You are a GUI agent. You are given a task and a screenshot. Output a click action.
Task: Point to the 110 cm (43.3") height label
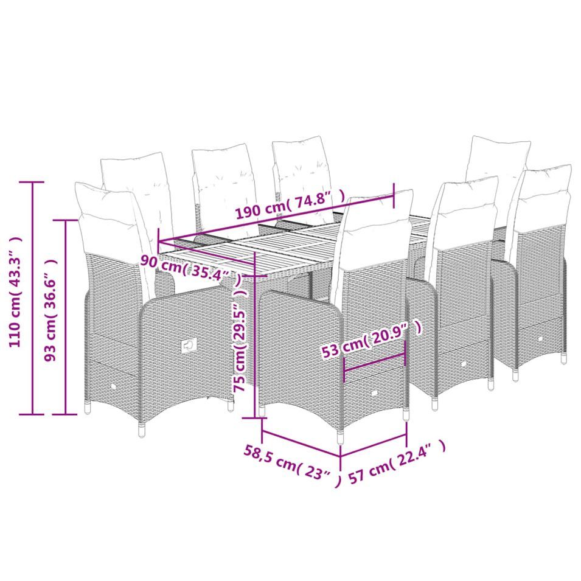(x=16, y=293)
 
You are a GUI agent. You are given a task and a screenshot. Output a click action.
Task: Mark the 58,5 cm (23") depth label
(x=293, y=465)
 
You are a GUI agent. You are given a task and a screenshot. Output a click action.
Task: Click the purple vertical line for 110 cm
(x=33, y=297)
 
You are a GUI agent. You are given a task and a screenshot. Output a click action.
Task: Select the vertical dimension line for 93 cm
(x=66, y=317)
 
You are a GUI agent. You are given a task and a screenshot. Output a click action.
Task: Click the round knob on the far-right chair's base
(x=540, y=339)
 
